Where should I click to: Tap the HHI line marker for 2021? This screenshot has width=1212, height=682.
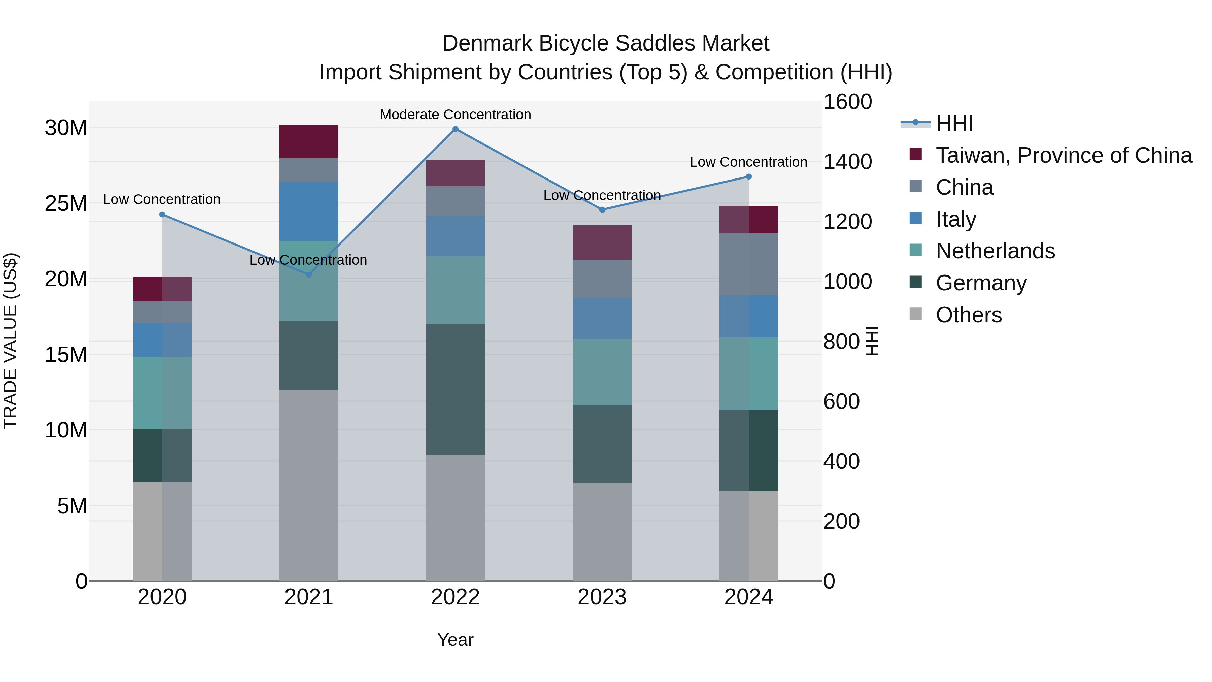(x=309, y=274)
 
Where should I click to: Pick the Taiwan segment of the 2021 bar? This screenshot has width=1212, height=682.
(x=309, y=142)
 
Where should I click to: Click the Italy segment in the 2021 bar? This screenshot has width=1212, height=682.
(x=309, y=211)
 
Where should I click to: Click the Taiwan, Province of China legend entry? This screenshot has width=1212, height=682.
(x=1063, y=155)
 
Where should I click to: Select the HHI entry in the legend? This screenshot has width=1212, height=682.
(x=954, y=123)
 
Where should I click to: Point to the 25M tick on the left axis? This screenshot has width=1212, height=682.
(x=66, y=204)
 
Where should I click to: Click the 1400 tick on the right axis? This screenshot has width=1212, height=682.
(x=847, y=162)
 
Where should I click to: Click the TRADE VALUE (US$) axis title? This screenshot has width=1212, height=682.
(x=10, y=341)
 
